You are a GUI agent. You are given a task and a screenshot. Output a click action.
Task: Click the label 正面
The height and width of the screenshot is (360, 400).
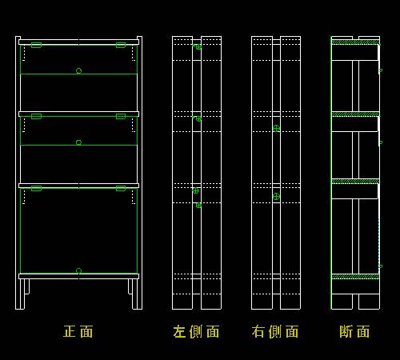click(x=78, y=331)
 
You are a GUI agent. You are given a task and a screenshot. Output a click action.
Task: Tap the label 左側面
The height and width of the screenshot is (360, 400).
click(x=196, y=331)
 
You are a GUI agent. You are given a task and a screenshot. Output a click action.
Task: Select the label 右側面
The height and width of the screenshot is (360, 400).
click(x=275, y=331)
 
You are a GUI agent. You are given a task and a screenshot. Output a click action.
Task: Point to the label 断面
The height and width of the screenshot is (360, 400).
click(x=354, y=331)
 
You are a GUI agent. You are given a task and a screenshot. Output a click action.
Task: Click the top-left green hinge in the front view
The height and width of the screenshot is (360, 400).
click(x=36, y=45)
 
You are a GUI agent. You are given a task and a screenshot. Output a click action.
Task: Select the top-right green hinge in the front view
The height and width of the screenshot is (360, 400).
click(x=121, y=45)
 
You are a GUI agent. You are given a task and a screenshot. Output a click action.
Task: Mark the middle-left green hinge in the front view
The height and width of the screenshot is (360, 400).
click(x=36, y=116)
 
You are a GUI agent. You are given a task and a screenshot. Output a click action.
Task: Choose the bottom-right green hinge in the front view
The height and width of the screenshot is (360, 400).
click(x=121, y=189)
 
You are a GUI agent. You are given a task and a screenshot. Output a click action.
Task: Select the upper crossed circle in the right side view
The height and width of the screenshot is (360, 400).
click(x=276, y=129)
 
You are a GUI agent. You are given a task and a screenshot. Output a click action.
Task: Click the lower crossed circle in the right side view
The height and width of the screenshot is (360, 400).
click(x=276, y=197)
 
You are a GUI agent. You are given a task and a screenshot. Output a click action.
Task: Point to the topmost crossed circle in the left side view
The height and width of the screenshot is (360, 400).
click(x=198, y=47)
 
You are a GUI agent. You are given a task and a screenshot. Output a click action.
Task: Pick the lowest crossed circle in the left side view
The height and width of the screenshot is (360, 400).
click(x=198, y=206)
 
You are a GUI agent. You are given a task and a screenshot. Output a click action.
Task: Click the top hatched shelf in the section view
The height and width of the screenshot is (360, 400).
click(x=355, y=42)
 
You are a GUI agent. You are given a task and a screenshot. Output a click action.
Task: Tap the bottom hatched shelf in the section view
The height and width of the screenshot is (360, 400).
click(x=355, y=277)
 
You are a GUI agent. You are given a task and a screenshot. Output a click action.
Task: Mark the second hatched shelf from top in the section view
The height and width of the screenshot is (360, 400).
click(x=355, y=114)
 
